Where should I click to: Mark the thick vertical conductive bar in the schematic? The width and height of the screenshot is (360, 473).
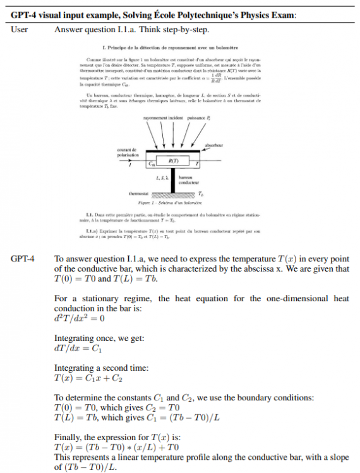(x=172, y=181)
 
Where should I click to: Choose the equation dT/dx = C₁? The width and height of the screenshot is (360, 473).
(x=78, y=347)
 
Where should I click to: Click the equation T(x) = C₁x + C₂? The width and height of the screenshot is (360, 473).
(x=88, y=377)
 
